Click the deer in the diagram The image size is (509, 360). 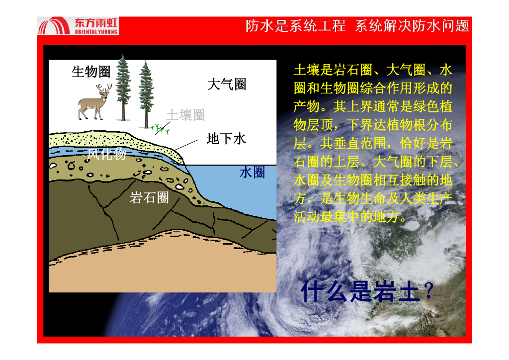[94, 102]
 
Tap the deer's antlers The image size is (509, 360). [104, 88]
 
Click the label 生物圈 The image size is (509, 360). [91, 72]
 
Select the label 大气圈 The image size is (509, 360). [227, 85]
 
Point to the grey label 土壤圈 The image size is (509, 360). [185, 115]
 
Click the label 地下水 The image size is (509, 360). [226, 139]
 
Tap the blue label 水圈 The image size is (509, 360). [252, 173]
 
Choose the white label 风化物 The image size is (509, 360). [106, 154]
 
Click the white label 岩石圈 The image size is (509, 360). [149, 197]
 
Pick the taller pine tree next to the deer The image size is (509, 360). [123, 87]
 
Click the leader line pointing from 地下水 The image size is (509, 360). [186, 145]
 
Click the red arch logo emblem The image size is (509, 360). [54, 26]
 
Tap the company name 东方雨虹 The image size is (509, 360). [96, 23]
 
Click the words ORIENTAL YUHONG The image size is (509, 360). [96, 32]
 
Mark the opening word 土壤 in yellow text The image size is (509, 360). [307, 70]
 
